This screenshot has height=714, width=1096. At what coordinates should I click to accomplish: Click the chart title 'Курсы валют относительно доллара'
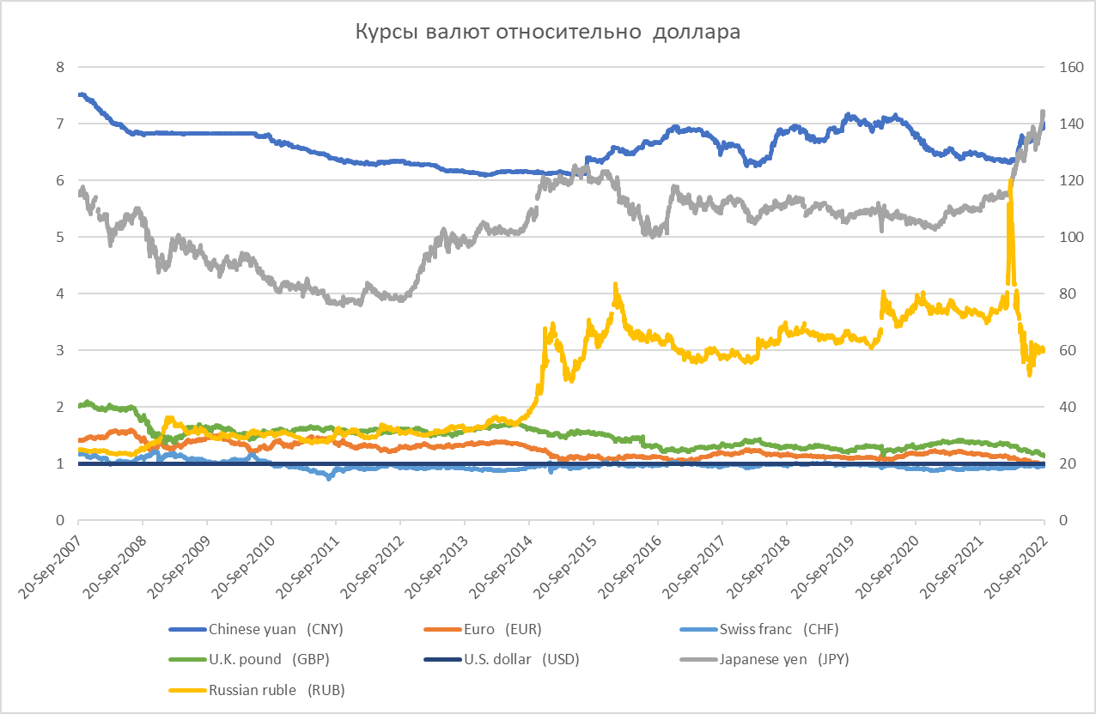pos(548,33)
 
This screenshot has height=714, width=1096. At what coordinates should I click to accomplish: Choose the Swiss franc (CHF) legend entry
pos(777,630)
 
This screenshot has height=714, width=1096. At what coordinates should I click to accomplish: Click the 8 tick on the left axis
pos(60,67)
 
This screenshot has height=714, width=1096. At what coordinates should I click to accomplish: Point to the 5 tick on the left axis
pos(60,237)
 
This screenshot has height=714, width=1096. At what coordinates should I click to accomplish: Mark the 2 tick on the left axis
pos(60,407)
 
